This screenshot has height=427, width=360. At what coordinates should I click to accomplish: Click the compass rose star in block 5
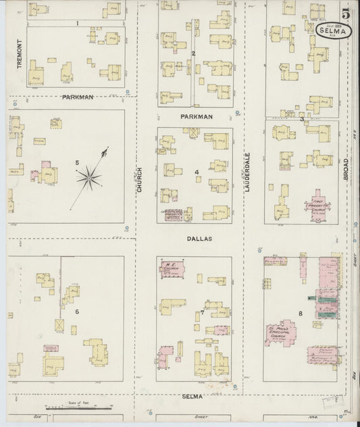click(89, 178)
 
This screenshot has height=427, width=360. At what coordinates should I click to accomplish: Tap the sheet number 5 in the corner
click(345, 13)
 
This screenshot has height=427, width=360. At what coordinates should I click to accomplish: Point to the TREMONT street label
click(20, 54)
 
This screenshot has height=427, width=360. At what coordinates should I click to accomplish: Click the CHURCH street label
click(140, 180)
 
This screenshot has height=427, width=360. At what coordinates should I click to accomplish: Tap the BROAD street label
click(345, 169)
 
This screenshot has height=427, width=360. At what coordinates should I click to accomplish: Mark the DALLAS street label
click(200, 238)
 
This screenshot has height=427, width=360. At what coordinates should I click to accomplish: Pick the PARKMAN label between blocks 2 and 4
click(197, 116)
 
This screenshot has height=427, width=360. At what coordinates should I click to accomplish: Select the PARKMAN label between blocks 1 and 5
click(77, 97)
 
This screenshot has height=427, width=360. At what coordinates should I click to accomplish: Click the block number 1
click(78, 23)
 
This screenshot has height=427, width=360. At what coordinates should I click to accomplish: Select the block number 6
click(77, 311)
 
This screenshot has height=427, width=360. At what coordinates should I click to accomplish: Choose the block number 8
click(299, 313)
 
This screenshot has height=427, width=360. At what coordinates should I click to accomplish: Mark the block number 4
click(197, 172)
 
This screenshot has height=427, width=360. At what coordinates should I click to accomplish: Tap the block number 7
click(202, 312)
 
